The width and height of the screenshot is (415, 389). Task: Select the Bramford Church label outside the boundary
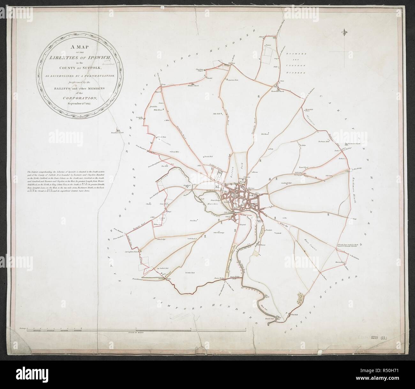click(117, 133)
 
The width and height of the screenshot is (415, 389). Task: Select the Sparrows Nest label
click(233, 80)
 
